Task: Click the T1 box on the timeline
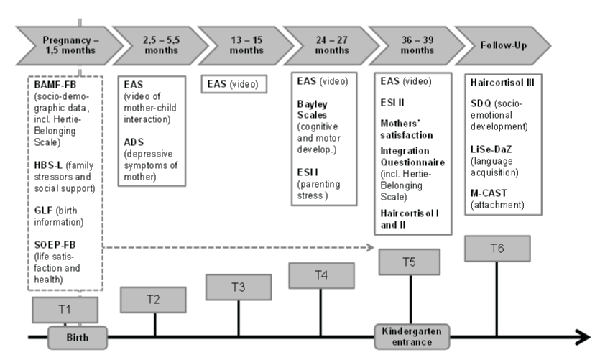click(x=65, y=310)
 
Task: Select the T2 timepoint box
click(x=153, y=300)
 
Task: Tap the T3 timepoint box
click(x=239, y=287)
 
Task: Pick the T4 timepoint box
click(x=321, y=275)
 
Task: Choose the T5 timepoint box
click(x=409, y=262)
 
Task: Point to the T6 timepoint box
click(x=497, y=249)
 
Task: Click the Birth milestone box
click(x=78, y=338)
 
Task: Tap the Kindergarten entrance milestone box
click(x=412, y=336)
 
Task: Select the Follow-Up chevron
click(x=503, y=45)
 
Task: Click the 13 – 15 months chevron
click(x=246, y=45)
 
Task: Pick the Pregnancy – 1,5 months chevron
click(x=70, y=45)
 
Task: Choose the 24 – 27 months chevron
click(x=331, y=45)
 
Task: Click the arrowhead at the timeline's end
click(x=584, y=337)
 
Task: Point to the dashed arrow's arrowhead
click(x=370, y=247)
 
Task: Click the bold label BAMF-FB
click(x=55, y=85)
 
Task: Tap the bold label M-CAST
click(x=489, y=193)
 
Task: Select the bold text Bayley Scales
click(x=313, y=109)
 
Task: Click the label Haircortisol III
click(x=502, y=83)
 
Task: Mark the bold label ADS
click(x=134, y=142)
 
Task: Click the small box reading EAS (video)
click(x=234, y=84)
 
